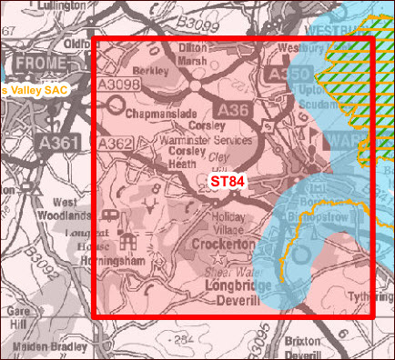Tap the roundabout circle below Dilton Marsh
click(196, 87)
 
